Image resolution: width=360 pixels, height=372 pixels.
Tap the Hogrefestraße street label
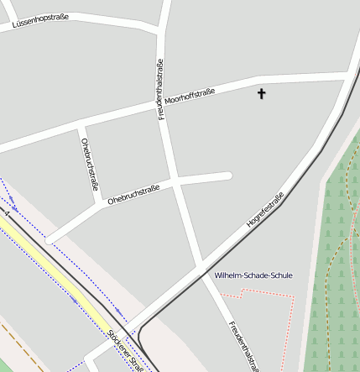point(265,211)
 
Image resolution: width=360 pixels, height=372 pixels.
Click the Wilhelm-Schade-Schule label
point(253,275)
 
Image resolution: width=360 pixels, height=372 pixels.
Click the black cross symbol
point(261,93)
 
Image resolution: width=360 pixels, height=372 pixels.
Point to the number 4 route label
point(7,214)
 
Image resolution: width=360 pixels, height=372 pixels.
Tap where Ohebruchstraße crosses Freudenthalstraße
point(178,181)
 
